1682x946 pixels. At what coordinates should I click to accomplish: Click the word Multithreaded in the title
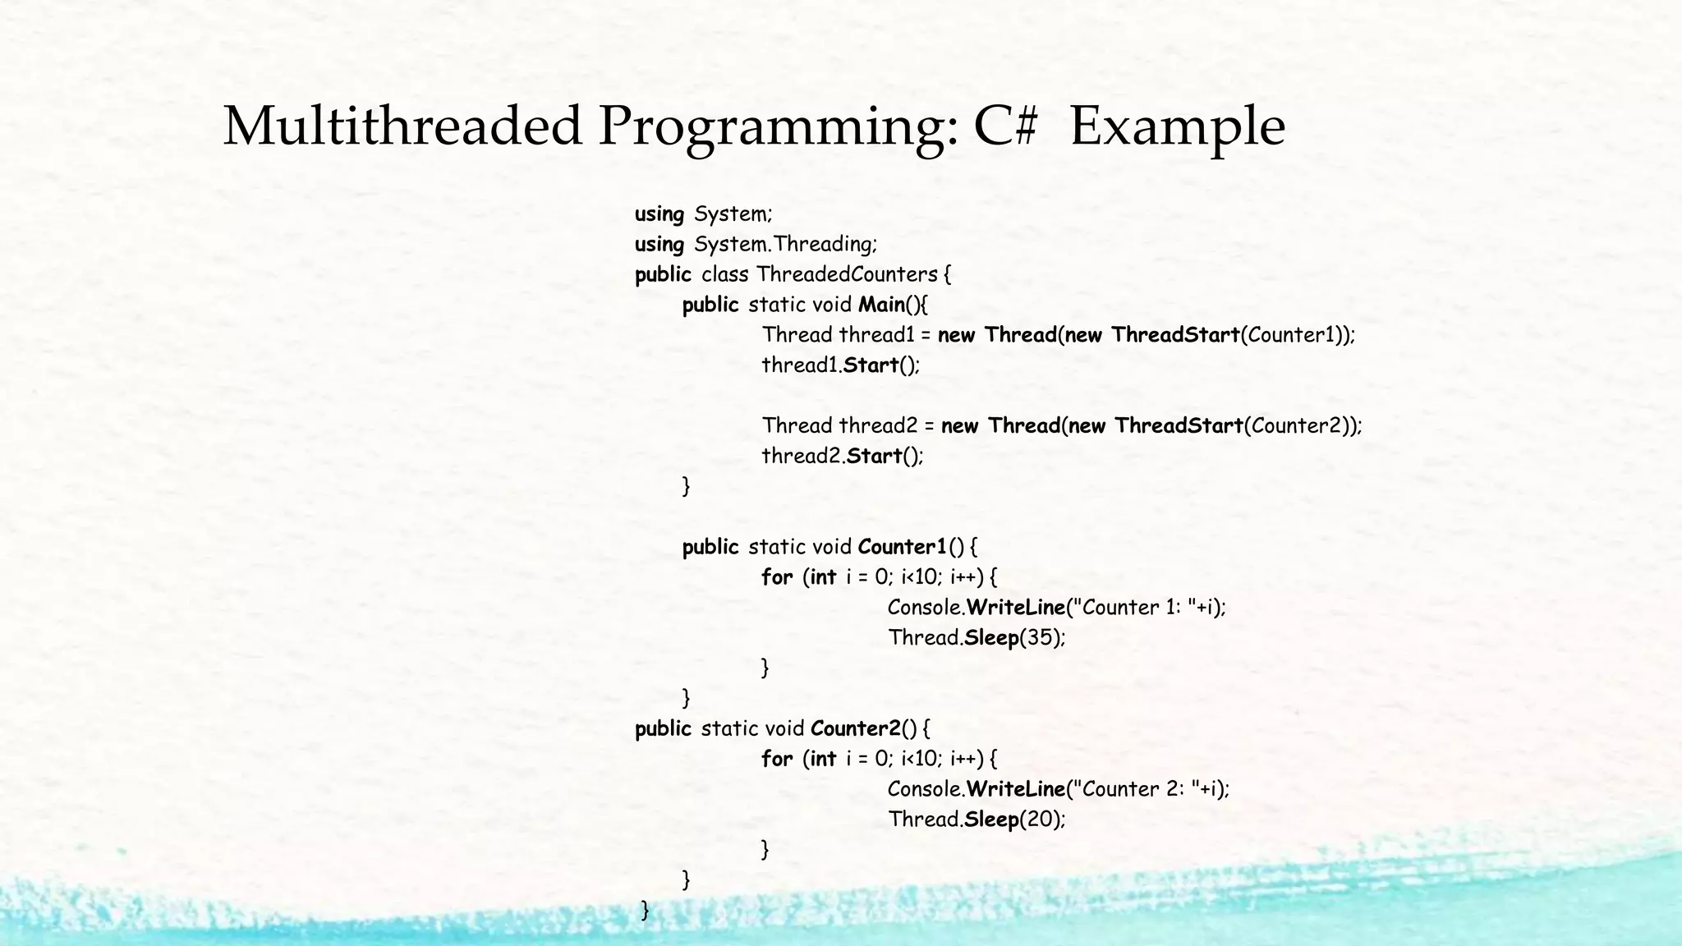(x=402, y=127)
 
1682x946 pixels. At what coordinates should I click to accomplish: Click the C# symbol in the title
(x=1005, y=127)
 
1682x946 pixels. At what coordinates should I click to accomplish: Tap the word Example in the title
(x=1176, y=127)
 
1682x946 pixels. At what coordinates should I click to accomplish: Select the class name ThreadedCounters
(x=847, y=274)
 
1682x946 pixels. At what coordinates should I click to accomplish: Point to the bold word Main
(x=881, y=305)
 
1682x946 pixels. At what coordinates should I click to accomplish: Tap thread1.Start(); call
(x=840, y=365)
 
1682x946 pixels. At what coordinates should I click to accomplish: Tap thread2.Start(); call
(x=842, y=456)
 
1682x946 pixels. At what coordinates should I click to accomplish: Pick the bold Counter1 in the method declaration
(x=902, y=547)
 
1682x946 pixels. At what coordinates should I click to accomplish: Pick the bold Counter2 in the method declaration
(x=855, y=728)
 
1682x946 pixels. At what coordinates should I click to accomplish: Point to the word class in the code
(x=724, y=274)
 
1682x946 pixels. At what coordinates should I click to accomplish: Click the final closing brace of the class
(x=645, y=910)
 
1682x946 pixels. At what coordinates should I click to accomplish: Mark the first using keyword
(x=659, y=214)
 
